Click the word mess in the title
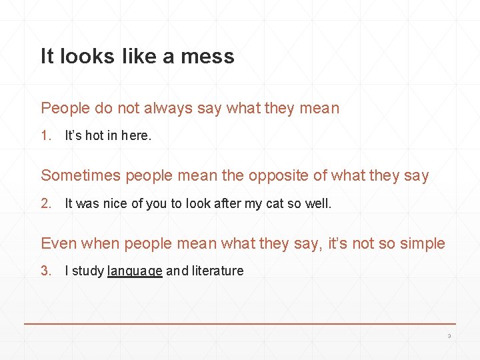(x=207, y=57)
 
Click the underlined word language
(x=135, y=271)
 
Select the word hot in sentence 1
(x=94, y=136)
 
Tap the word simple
(x=422, y=243)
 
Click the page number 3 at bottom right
(x=449, y=336)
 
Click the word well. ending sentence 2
(x=318, y=204)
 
